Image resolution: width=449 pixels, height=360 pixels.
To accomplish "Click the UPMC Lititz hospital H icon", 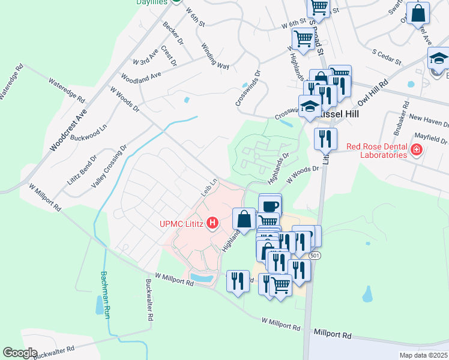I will [x=212, y=224].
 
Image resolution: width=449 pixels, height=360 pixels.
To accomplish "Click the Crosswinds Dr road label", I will [x=247, y=89].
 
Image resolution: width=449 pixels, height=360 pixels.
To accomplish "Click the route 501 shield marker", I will [x=315, y=256].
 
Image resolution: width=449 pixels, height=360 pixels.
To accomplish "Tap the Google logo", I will [x=20, y=352].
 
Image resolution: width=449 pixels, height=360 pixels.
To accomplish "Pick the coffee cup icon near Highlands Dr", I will [x=270, y=205].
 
